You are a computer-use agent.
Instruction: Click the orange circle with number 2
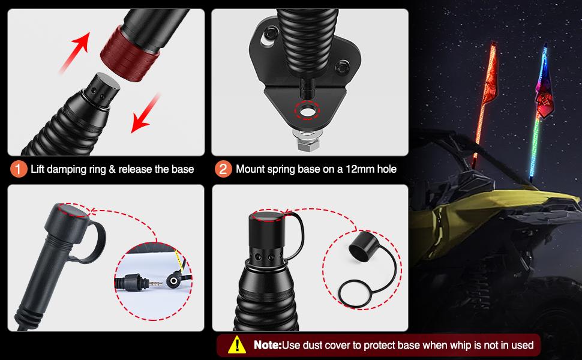coord(223,169)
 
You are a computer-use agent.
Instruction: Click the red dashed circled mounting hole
coord(307,111)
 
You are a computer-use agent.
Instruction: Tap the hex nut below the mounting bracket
coord(306,143)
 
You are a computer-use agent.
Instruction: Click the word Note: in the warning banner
coord(266,346)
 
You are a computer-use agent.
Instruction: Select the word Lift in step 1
coord(40,169)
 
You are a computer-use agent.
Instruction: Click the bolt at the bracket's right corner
coord(344,66)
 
